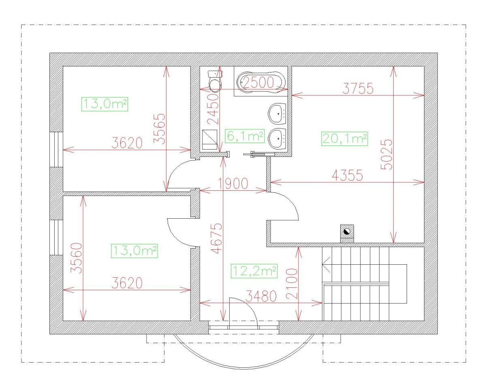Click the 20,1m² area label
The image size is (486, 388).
coord(344,139)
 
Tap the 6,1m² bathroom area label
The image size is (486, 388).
coord(245,136)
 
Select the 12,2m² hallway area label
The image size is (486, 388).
coord(254,271)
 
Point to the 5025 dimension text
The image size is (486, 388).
coord(386,155)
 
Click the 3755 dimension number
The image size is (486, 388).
coord(358,88)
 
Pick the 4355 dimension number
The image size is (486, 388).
coord(347,175)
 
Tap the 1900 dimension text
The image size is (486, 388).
coord(233,183)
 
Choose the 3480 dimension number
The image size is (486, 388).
coord(261,296)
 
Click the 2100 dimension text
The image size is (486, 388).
coord(292,284)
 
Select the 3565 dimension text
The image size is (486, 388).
coord(159,129)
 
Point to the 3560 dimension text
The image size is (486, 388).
coord(76,258)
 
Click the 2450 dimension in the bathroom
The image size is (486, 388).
coord(213,109)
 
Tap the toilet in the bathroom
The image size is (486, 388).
coord(215,81)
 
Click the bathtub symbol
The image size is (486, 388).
coord(261,82)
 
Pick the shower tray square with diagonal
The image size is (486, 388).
coord(209,139)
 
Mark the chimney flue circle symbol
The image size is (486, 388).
coord(347,231)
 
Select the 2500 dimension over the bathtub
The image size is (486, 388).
coord(258,82)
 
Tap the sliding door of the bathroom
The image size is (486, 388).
coord(259,154)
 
